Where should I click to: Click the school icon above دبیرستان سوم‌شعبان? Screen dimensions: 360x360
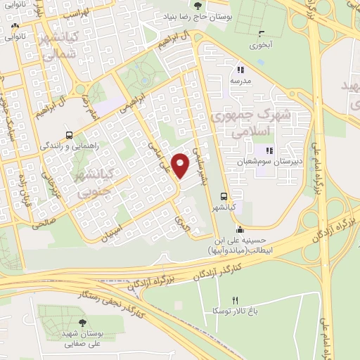coord(268,150)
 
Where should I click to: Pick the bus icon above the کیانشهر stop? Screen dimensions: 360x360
coord(224,196)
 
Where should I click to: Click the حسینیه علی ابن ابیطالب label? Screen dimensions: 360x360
coord(240,245)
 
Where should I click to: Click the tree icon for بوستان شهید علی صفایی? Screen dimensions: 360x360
coord(83,322)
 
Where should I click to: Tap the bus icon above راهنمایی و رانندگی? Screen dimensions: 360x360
coord(69,134)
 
